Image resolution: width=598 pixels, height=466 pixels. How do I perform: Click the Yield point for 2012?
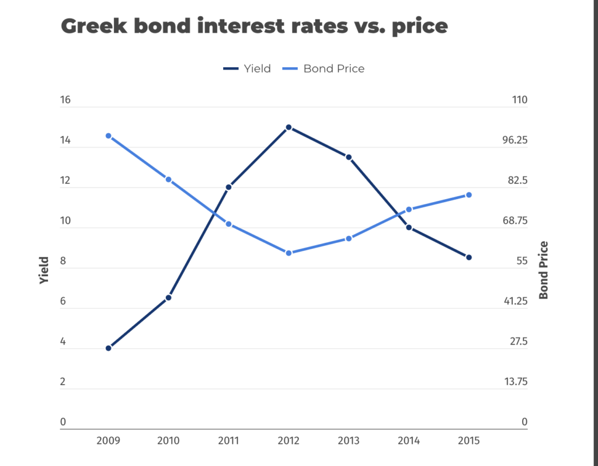click(288, 127)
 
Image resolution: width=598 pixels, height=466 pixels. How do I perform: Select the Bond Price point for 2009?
click(108, 136)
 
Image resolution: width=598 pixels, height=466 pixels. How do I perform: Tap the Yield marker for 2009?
click(108, 348)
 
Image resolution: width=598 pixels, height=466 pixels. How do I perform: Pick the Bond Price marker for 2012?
click(288, 253)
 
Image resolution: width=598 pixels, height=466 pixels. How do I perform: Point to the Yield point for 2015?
click(468, 257)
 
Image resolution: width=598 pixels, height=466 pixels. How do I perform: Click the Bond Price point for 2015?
click(468, 195)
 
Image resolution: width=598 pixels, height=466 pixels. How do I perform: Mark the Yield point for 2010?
click(168, 298)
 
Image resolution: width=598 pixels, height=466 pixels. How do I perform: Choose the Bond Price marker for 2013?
click(349, 238)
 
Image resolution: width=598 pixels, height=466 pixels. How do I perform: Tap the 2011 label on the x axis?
click(228, 440)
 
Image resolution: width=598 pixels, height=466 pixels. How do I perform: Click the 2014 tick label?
click(409, 440)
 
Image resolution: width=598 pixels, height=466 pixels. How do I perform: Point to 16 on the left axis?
click(65, 100)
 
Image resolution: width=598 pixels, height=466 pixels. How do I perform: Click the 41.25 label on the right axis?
click(516, 301)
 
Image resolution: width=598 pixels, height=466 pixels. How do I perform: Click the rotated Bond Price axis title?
click(544, 270)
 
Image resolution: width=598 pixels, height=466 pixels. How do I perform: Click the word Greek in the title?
click(95, 26)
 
